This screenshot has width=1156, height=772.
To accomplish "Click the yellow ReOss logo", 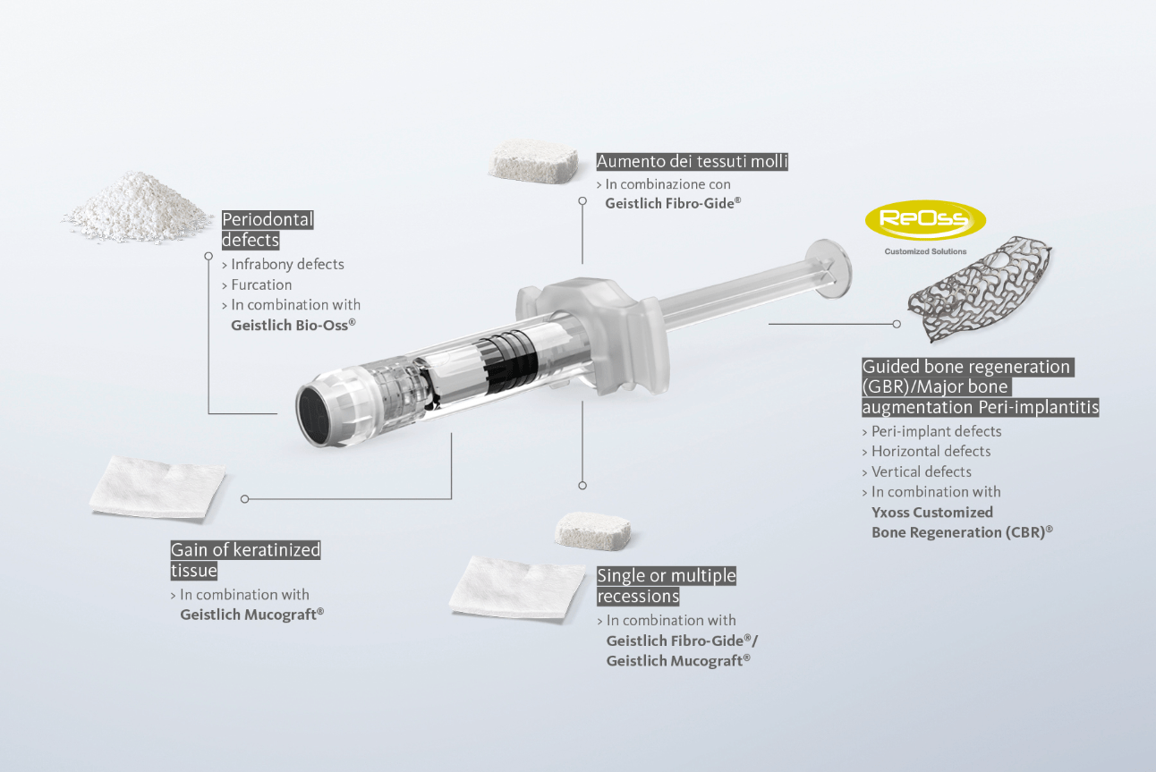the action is (x=925, y=220).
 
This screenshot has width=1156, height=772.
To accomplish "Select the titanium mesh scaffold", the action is (x=980, y=288).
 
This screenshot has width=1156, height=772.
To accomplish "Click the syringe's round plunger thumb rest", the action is (x=829, y=268).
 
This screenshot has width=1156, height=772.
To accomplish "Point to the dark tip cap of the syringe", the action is (x=313, y=414).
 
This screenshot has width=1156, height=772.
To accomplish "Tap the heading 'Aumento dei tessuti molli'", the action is (x=692, y=162).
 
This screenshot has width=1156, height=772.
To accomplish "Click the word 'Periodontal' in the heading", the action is (x=268, y=220).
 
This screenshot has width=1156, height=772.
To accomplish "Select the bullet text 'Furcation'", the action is (x=261, y=284).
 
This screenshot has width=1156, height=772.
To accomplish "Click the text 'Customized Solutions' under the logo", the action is (x=925, y=252).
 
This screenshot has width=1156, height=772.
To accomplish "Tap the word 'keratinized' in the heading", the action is (x=276, y=550).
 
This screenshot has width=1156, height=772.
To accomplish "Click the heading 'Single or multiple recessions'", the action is (x=667, y=586).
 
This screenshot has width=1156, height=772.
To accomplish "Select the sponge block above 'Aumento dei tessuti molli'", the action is (x=532, y=162).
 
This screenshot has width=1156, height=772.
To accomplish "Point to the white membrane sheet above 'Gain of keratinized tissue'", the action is (x=157, y=488).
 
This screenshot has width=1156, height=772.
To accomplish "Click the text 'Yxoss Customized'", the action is (x=932, y=513).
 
